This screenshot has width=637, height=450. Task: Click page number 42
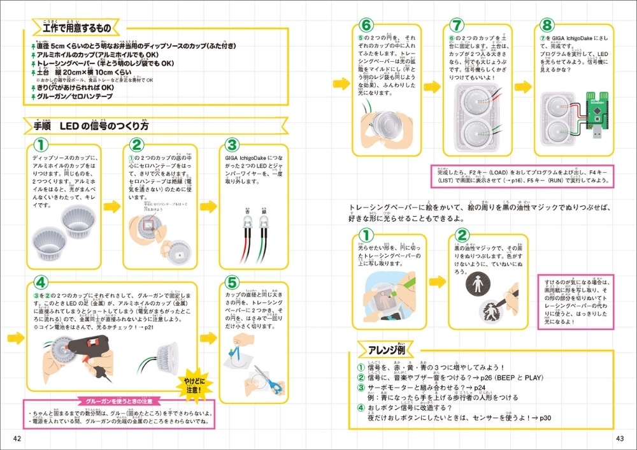(17, 439)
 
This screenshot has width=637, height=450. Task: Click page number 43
(619, 439)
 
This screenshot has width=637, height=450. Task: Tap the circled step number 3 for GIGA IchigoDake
(232, 146)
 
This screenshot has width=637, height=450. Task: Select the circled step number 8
(546, 26)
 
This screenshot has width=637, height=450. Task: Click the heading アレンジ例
(385, 349)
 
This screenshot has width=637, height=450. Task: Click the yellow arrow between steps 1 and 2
(111, 206)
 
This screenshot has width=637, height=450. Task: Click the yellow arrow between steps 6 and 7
(433, 85)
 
